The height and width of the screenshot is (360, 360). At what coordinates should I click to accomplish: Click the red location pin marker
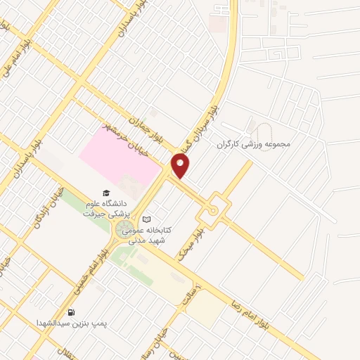181,167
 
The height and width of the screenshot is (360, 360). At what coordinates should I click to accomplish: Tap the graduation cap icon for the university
106,192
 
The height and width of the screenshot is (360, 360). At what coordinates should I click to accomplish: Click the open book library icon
146,219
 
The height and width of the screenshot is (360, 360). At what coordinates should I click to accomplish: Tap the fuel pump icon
71,312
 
